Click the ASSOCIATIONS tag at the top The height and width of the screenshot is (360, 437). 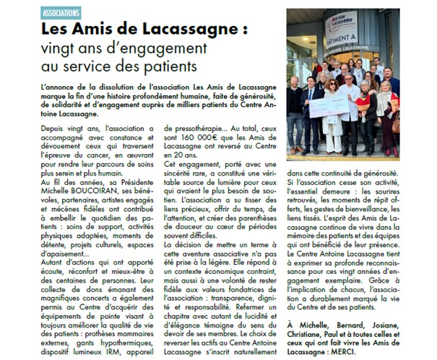coord(60,14)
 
